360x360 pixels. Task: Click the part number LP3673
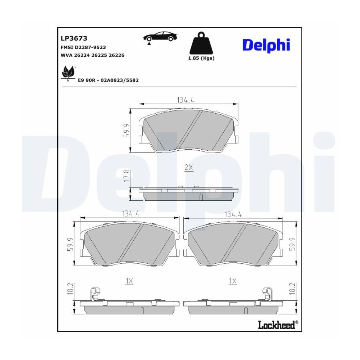point(74,38)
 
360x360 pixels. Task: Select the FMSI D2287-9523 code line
point(83,48)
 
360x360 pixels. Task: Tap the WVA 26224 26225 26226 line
point(92,55)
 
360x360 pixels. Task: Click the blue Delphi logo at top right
point(266,46)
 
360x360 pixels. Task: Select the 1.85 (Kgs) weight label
point(201,58)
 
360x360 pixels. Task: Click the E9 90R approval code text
point(108,80)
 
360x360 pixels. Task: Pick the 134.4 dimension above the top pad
point(186,100)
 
